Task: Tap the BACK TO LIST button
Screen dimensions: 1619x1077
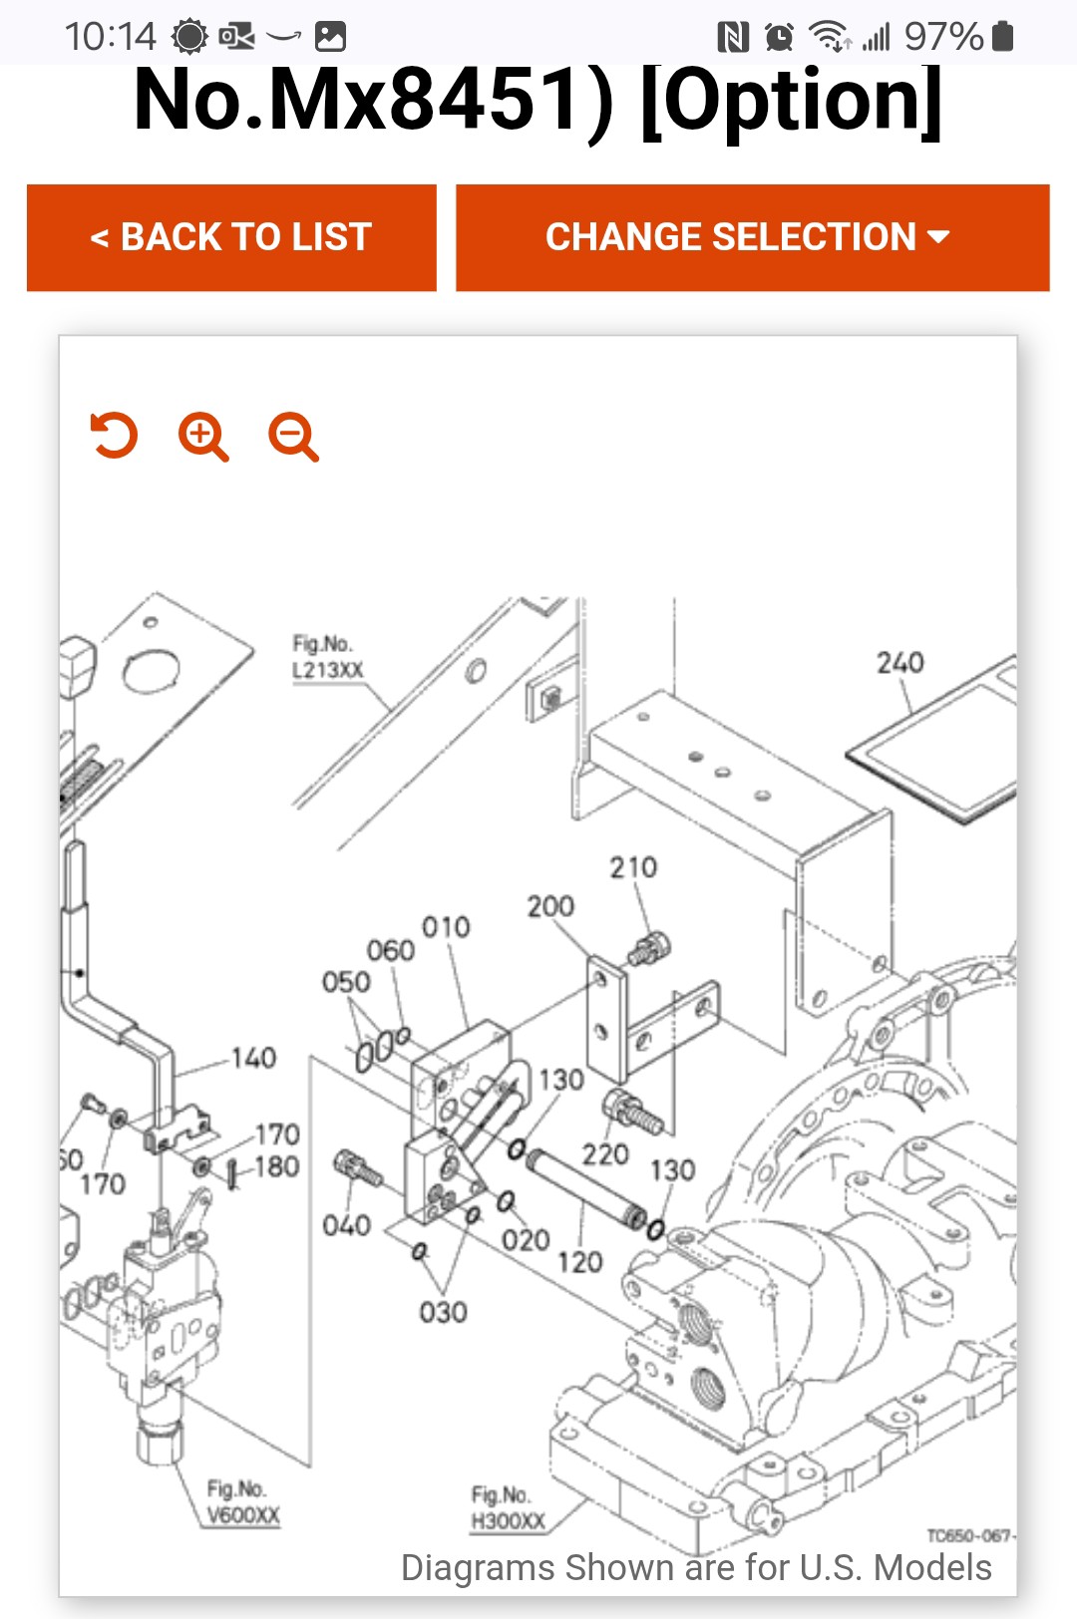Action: point(231,237)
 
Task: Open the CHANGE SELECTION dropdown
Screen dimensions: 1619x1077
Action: point(752,237)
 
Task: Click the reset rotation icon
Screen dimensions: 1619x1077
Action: point(114,436)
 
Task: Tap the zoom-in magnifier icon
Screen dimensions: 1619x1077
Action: point(203,437)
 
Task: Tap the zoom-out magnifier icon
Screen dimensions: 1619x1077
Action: point(293,437)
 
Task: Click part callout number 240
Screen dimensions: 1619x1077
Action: point(899,663)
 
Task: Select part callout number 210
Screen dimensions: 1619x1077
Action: point(633,867)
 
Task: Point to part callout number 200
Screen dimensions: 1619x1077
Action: point(550,906)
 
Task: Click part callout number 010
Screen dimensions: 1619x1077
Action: point(446,927)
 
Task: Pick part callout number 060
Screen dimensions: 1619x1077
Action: point(390,951)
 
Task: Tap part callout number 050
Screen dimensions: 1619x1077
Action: point(346,982)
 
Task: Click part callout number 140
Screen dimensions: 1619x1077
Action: point(253,1058)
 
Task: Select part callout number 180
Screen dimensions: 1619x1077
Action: point(276,1166)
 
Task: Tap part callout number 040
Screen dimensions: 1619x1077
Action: point(346,1225)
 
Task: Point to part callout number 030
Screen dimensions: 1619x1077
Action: point(443,1312)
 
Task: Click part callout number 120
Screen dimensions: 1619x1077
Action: point(579,1262)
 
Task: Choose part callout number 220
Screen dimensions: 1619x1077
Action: point(605,1154)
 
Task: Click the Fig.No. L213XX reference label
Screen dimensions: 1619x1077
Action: point(326,657)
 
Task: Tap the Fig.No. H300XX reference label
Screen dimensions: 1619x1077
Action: point(508,1508)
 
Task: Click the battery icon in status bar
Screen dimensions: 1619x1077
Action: point(1003,37)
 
